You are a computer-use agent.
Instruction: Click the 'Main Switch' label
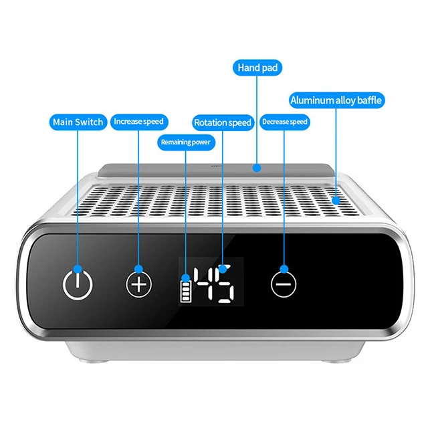pyautogui.click(x=78, y=122)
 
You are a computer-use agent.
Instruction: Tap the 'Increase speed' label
pyautogui.click(x=138, y=122)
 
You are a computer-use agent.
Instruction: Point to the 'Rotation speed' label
pyautogui.click(x=222, y=122)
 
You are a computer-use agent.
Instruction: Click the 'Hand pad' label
pyautogui.click(x=257, y=68)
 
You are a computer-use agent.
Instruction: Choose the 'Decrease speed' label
pyautogui.click(x=284, y=122)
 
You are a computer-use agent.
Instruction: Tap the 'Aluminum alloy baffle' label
pyautogui.click(x=337, y=101)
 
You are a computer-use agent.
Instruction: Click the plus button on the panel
pyautogui.click(x=139, y=284)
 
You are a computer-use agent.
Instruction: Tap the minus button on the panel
pyautogui.click(x=284, y=284)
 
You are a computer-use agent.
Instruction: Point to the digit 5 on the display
pyautogui.click(x=224, y=284)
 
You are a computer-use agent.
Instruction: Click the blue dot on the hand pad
pyautogui.click(x=257, y=169)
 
